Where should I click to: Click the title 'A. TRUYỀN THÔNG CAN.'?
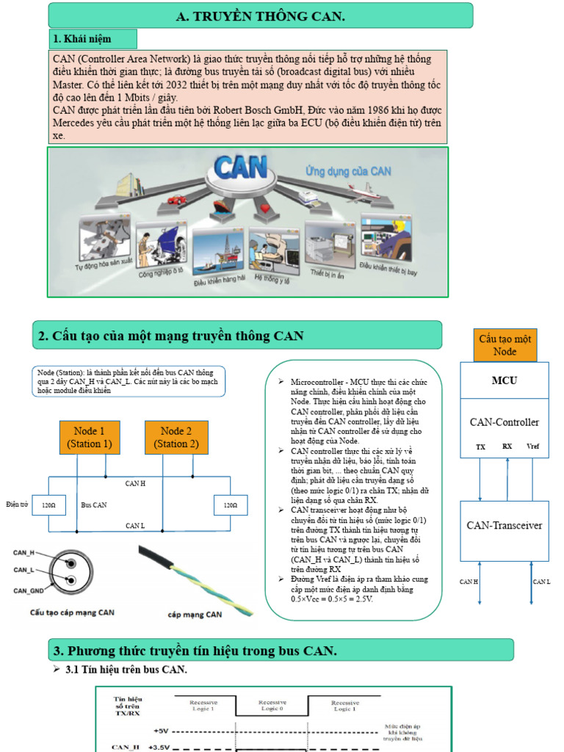coord(261,15)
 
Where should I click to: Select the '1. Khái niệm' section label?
coord(81,39)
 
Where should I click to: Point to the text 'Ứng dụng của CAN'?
coord(348,171)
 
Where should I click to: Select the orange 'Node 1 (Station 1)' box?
coord(90,437)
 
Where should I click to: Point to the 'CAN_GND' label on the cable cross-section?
coord(29,590)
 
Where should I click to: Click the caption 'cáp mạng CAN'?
coord(195,614)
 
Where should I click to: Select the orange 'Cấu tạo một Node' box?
coord(505,345)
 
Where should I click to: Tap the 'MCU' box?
coord(505,380)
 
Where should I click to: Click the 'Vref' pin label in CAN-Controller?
coord(533,446)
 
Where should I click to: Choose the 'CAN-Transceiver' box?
coord(505,525)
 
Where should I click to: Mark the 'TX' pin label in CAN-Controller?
coord(480,446)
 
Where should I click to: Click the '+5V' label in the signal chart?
coord(160,731)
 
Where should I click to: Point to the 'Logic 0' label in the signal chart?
coord(272,709)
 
